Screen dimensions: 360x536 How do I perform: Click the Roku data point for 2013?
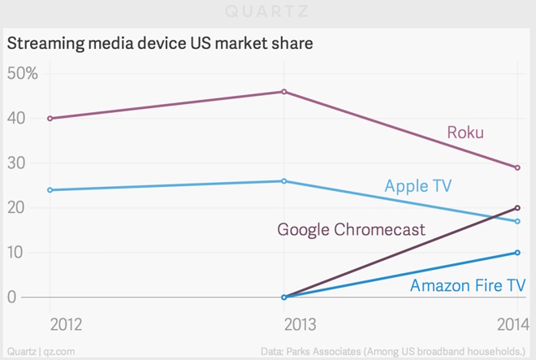coord(283,92)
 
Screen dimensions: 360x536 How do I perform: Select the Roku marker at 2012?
coord(50,119)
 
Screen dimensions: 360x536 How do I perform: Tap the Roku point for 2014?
coord(517,167)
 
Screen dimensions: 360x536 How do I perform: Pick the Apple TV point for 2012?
coord(50,190)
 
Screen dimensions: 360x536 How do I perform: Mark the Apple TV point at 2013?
coord(283,181)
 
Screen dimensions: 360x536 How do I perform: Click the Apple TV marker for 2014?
coord(517,221)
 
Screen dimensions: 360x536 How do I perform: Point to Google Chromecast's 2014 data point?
coord(517,208)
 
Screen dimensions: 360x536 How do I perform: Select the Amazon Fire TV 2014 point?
coord(517,253)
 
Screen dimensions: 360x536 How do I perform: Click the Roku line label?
coord(465,132)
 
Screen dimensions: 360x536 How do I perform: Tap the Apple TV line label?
coord(417,187)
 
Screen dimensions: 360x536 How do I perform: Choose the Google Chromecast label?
coord(351,230)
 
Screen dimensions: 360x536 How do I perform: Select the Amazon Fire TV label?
coord(467,285)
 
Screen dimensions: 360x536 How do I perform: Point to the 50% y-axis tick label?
coord(22,74)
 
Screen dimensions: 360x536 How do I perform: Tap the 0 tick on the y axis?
coord(11,297)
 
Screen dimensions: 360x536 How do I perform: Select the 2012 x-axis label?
coord(67,324)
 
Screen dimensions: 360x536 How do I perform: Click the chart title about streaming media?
coord(160,43)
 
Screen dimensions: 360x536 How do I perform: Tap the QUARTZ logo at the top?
coord(268,12)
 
